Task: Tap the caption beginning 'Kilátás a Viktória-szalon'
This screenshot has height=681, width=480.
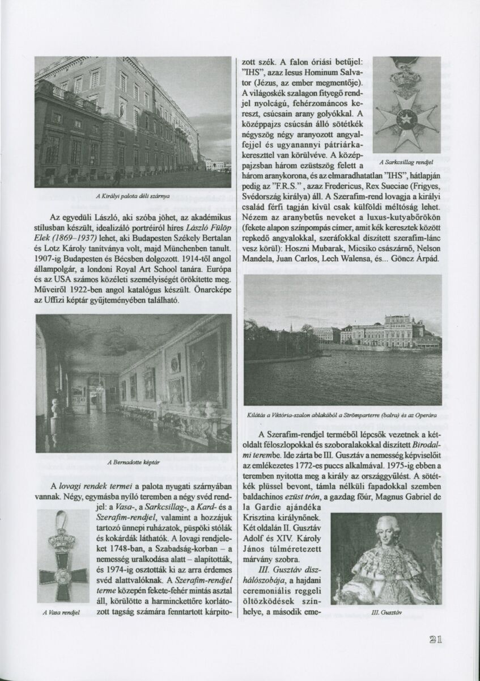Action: coord(342,415)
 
